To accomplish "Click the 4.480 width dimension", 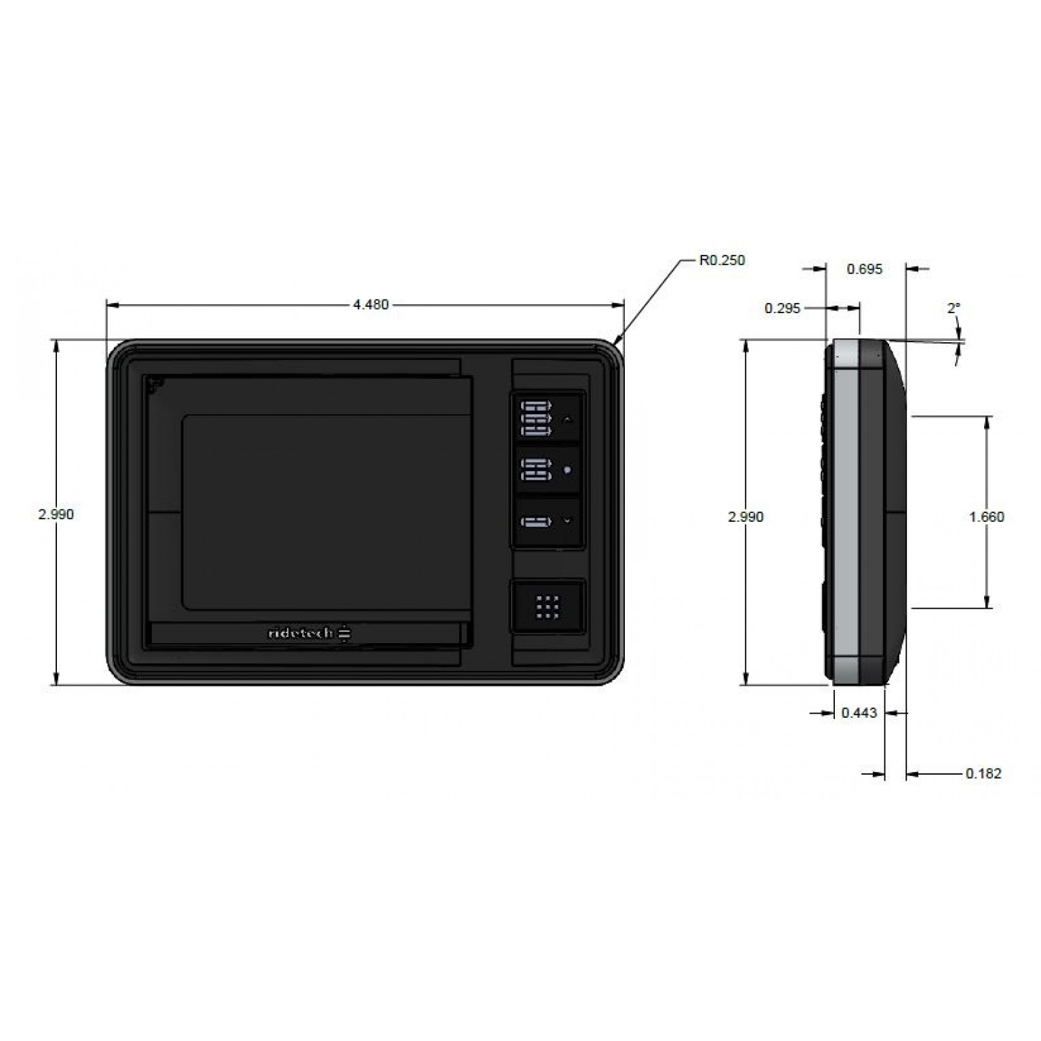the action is tap(371, 305).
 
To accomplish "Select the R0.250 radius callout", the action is tap(722, 260).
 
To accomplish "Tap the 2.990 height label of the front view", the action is tap(56, 514).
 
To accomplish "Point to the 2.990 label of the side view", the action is tap(745, 517).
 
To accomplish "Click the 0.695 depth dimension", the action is tap(865, 269).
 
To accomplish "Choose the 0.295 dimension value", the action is tap(783, 308).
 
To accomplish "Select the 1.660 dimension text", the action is tap(986, 517).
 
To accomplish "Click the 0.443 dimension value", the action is tap(859, 712).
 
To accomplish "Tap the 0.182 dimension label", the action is tap(983, 773).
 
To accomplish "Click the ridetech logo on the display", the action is tap(310, 633).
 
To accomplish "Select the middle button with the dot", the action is tap(548, 470).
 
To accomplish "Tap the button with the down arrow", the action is tap(548, 521).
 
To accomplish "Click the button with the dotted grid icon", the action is tap(548, 607).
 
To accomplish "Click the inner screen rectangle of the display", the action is tap(327, 512).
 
